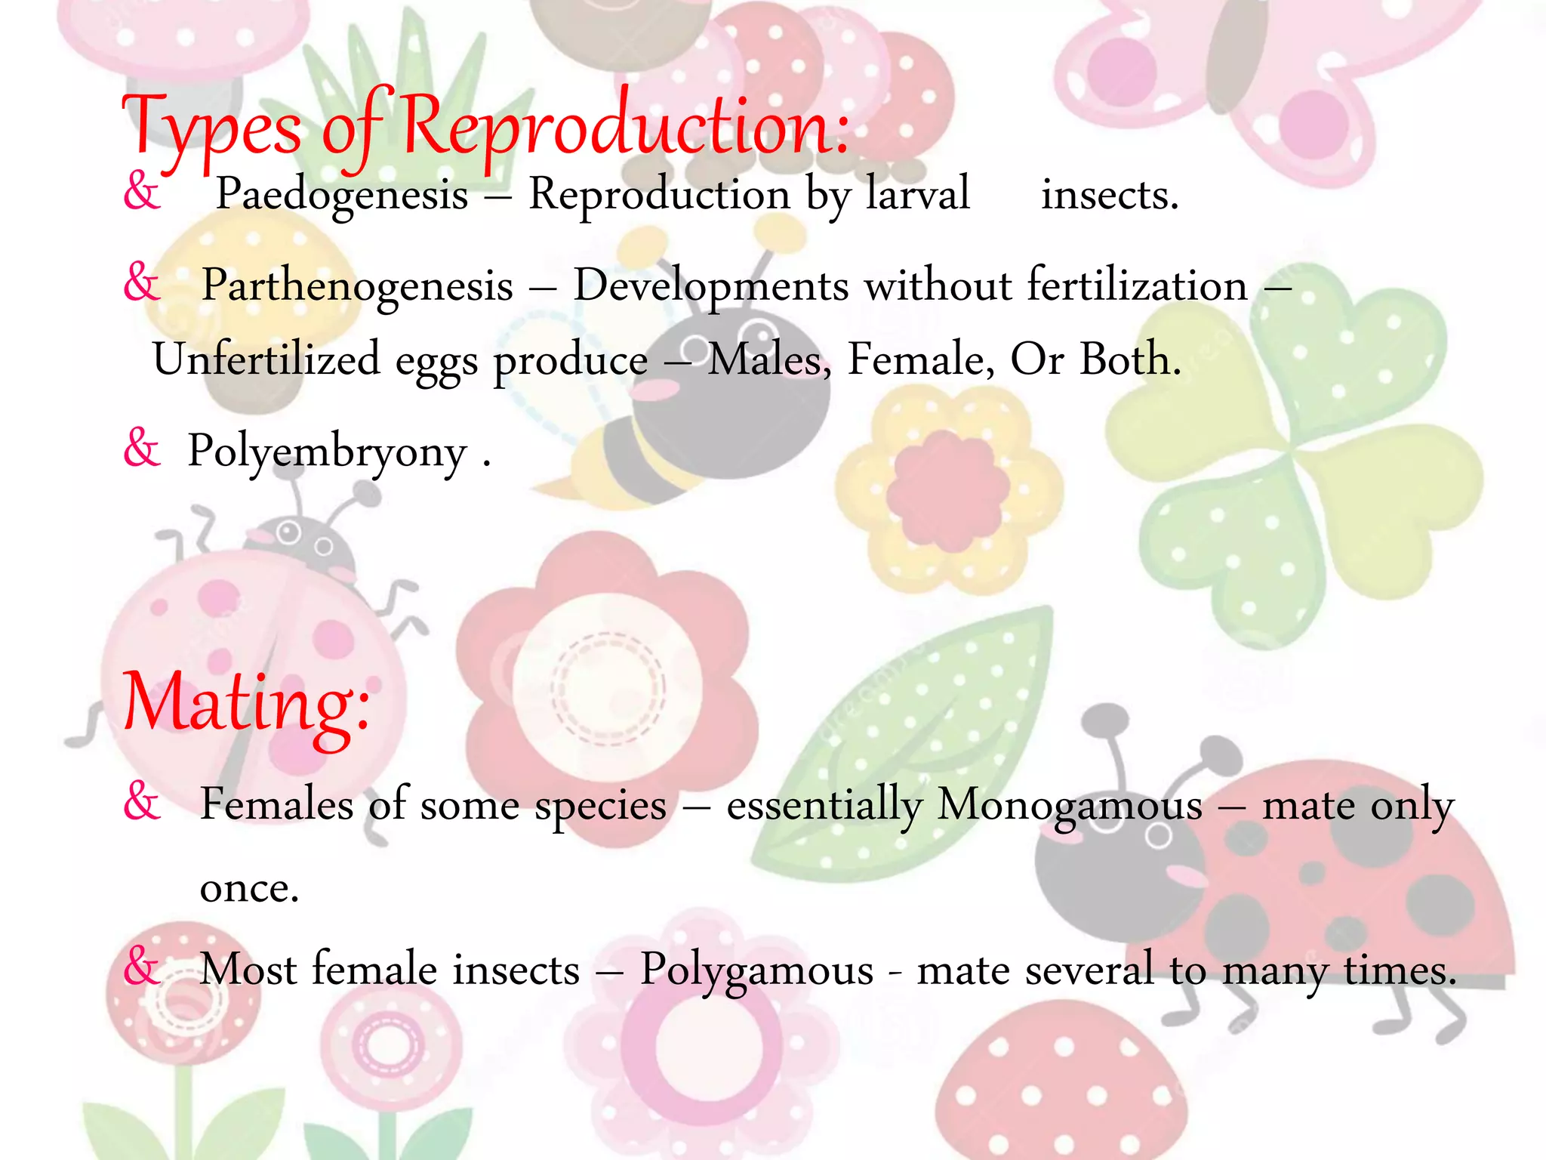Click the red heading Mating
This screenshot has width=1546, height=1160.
[246, 702]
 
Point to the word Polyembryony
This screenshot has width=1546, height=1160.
[327, 452]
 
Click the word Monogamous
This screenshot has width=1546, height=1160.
[1070, 805]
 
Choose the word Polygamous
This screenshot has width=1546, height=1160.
[756, 970]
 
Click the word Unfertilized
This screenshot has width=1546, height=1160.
[266, 359]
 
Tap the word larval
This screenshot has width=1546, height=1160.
[917, 194]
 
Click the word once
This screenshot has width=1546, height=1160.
[249, 888]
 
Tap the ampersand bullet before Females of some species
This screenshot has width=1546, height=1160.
[142, 801]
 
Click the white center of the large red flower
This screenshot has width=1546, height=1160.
[608, 687]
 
